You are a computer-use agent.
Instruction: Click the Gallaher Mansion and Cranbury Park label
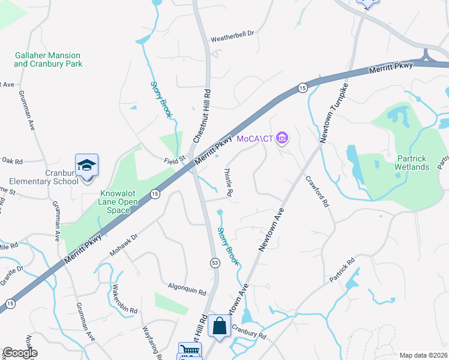point(48,59)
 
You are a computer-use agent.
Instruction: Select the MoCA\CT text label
point(255,139)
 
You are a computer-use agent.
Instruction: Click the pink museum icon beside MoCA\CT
point(283,139)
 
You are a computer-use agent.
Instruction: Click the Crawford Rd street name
point(318,191)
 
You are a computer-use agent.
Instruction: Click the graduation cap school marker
point(86,165)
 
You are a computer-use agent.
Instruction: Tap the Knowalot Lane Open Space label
point(118,202)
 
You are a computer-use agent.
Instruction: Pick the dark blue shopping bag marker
point(220,326)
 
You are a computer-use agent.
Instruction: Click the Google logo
point(20,353)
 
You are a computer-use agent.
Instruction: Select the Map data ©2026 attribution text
point(423,355)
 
